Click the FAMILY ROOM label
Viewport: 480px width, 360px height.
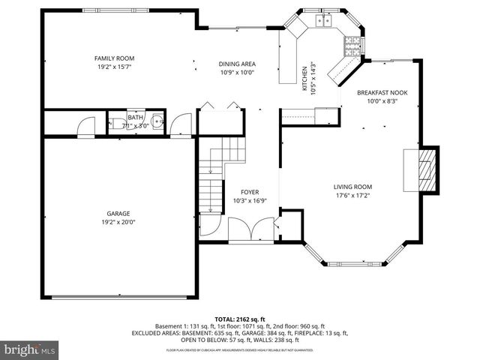tap(114, 58)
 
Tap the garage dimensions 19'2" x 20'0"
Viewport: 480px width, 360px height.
tap(118, 221)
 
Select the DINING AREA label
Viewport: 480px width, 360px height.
tap(237, 64)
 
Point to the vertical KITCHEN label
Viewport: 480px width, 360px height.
tap(304, 76)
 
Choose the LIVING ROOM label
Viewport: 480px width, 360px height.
tap(352, 187)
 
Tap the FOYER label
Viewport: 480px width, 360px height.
tap(250, 192)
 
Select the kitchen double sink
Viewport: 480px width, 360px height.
tap(325, 20)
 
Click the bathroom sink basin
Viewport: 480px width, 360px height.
tap(156, 123)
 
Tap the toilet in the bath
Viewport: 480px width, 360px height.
tap(117, 124)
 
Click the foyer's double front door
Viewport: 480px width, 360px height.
tap(251, 227)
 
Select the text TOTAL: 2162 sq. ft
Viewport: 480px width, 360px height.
tap(239, 319)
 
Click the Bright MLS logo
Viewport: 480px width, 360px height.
tap(30, 349)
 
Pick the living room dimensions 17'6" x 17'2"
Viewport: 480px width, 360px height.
tap(352, 196)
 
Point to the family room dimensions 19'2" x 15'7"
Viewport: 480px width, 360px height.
tap(114, 67)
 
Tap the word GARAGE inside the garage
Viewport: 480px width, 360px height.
tap(118, 213)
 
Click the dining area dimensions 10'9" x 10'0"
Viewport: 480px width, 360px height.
tap(237, 73)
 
